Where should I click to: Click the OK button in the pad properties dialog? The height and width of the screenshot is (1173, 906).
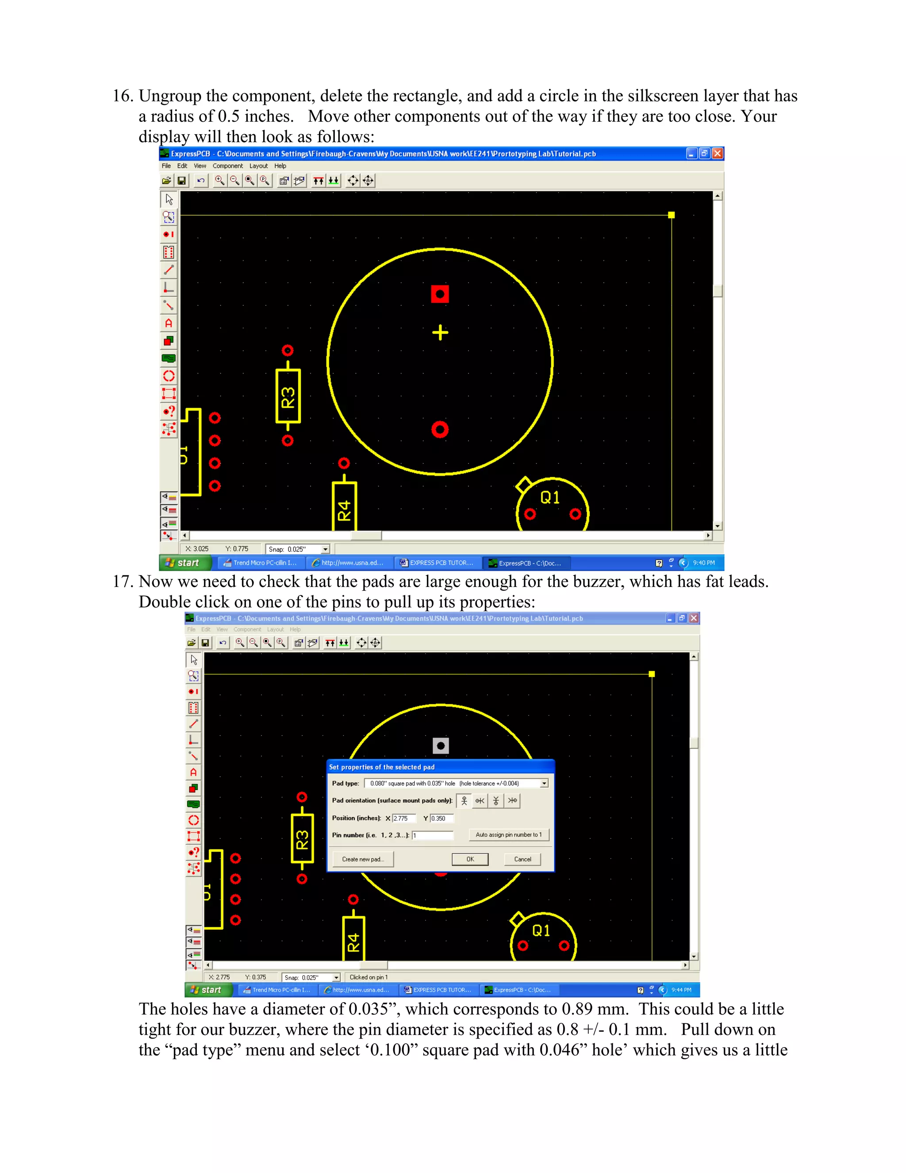click(x=470, y=859)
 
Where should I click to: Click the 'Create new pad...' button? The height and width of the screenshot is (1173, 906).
click(x=363, y=859)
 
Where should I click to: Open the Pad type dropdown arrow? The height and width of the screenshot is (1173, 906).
click(x=544, y=783)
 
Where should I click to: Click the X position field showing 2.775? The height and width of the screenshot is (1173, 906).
click(x=403, y=818)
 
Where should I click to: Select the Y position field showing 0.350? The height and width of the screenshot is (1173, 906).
click(x=441, y=818)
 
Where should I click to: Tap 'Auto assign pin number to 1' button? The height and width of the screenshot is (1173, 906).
click(x=508, y=835)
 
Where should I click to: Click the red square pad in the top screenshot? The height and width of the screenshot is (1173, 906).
click(x=440, y=294)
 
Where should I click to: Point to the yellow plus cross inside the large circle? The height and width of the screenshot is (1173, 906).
click(x=440, y=333)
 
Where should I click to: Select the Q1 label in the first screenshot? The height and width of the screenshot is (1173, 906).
click(x=549, y=498)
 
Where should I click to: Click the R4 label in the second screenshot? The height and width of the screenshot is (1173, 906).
click(x=353, y=942)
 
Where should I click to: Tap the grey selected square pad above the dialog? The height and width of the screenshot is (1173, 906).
click(x=441, y=745)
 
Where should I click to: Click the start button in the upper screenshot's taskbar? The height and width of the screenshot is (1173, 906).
click(x=183, y=563)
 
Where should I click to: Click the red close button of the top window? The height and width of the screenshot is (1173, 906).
click(x=717, y=154)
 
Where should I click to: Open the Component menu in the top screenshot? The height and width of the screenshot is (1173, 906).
click(x=227, y=166)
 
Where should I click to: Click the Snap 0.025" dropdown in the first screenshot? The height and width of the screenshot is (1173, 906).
click(x=325, y=549)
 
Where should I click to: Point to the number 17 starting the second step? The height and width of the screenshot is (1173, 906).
click(x=123, y=582)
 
